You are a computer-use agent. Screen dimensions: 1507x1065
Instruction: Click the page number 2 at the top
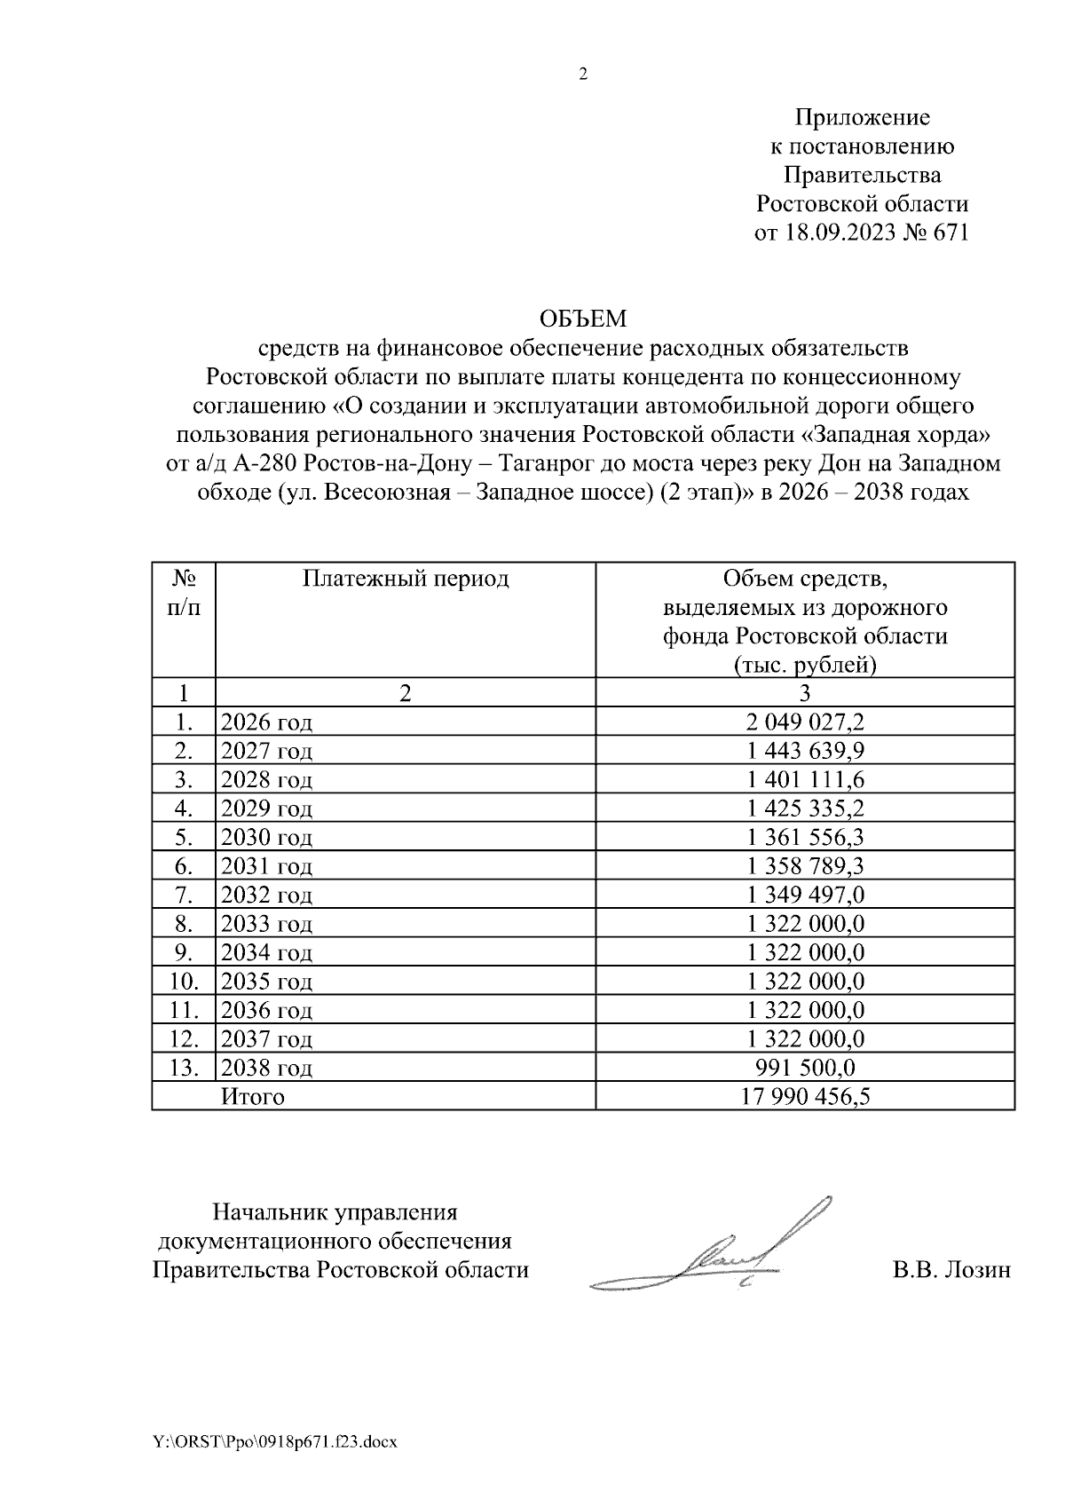[x=583, y=75]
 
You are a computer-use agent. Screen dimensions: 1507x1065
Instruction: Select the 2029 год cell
[x=266, y=809]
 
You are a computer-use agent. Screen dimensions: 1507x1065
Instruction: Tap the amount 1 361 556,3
[x=805, y=837]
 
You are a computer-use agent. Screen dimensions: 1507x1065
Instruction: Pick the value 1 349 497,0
[x=805, y=895]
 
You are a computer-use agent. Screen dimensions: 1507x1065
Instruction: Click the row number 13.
[x=183, y=1068]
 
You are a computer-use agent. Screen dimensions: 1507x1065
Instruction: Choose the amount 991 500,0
[x=805, y=1068]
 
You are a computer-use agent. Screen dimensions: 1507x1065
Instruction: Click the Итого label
[x=253, y=1097]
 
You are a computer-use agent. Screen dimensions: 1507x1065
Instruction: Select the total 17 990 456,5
[x=805, y=1097]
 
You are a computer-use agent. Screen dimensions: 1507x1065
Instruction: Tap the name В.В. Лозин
[x=951, y=1271]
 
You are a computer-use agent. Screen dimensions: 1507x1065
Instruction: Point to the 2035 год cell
[x=266, y=982]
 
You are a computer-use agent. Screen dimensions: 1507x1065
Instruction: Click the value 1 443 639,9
[x=805, y=751]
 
